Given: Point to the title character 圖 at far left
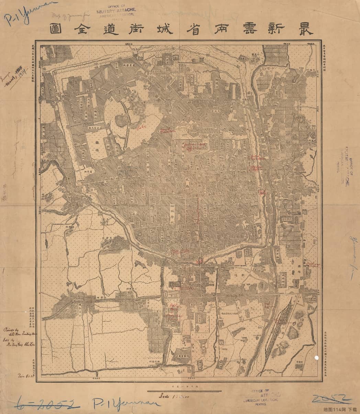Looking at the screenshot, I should [x=56, y=29].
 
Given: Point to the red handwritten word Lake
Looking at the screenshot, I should [x=140, y=128].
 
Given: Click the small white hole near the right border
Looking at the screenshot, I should [x=316, y=358].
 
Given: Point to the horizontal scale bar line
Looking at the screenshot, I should [x=184, y=391].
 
